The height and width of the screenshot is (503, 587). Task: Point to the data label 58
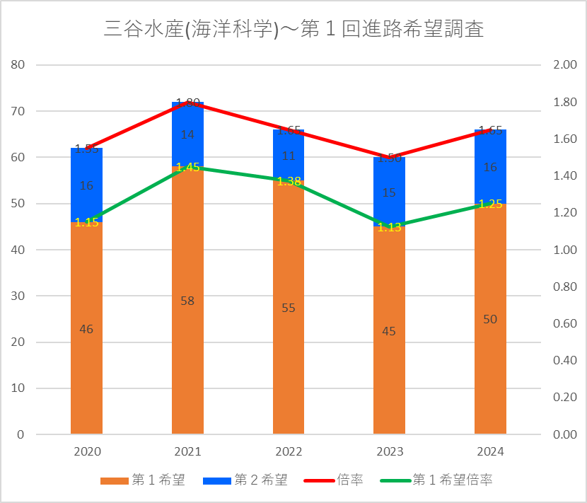pyautogui.click(x=187, y=301)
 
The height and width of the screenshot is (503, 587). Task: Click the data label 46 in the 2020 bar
pyautogui.click(x=86, y=329)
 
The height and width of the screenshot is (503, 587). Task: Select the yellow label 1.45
pyautogui.click(x=187, y=168)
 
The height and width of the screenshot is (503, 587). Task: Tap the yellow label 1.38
pyautogui.click(x=289, y=181)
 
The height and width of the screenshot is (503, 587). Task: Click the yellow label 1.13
pyautogui.click(x=389, y=227)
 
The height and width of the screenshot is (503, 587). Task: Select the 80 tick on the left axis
pyautogui.click(x=18, y=65)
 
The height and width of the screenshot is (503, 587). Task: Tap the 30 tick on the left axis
pyautogui.click(x=18, y=296)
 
